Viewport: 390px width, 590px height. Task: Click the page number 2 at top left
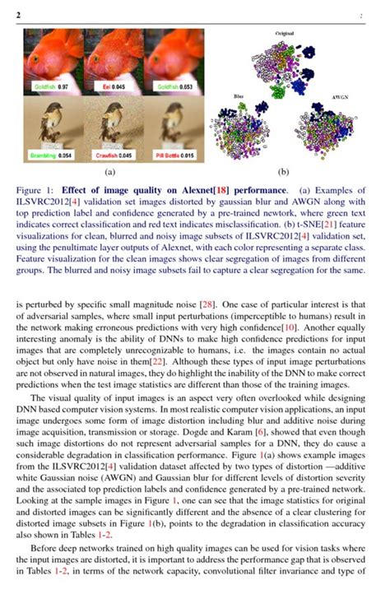(x=18, y=15)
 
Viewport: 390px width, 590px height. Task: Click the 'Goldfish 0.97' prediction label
(x=50, y=86)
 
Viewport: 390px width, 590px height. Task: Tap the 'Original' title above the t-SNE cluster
(x=285, y=33)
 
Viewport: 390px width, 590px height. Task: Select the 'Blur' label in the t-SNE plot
(x=239, y=96)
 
